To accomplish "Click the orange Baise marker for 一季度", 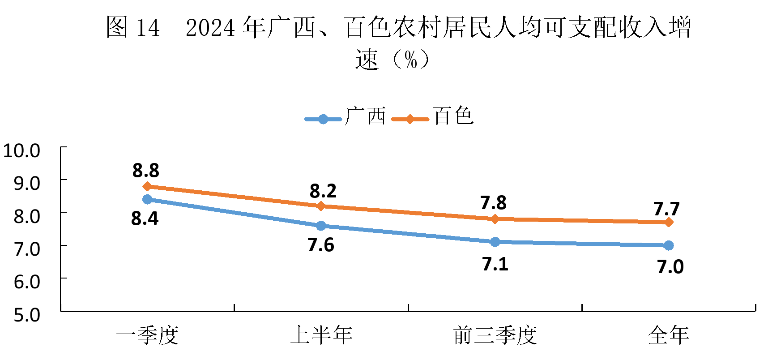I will [147, 186].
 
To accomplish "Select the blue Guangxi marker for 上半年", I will [321, 226].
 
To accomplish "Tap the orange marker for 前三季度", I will [495, 219].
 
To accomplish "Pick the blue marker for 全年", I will [669, 245].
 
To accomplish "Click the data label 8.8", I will [146, 171].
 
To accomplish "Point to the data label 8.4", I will [145, 219].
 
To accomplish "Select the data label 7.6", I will [321, 245].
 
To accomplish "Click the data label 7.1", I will [495, 264].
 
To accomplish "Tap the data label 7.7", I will [666, 209].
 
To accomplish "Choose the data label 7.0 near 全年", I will [670, 267].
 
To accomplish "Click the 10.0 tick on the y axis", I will [21, 150].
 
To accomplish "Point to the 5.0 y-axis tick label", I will [27, 315].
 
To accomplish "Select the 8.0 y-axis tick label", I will [27, 216].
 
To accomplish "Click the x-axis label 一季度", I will [147, 335].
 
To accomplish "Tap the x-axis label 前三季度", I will [495, 335].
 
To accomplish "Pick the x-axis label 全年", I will [669, 335].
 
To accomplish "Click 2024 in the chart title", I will [210, 28].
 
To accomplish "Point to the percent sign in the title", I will [411, 60].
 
